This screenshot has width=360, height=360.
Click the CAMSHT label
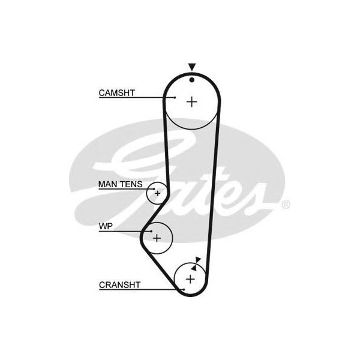tap(116, 93)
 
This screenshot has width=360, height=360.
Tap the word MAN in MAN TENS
tap(107, 184)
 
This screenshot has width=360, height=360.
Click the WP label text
tap(106, 226)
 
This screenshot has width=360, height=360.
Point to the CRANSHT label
tap(119, 285)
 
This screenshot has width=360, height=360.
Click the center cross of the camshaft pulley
tap(192, 102)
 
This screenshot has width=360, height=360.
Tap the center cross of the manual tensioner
tap(157, 193)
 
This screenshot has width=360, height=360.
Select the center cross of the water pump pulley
tap(157, 238)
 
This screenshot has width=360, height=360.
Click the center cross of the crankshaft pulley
tap(190, 279)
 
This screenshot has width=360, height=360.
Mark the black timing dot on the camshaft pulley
tap(192, 80)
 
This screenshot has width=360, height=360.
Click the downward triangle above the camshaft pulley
tap(192, 67)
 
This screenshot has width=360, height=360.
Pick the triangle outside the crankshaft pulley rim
tap(198, 260)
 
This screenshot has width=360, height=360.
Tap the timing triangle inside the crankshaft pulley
tap(194, 268)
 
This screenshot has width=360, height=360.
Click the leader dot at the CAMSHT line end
tap(175, 98)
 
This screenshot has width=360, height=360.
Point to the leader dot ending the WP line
tap(151, 231)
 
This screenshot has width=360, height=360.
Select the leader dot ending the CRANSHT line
tap(184, 290)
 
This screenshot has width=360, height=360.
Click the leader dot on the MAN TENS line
tap(154, 189)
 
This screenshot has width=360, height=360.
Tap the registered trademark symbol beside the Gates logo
tap(286, 205)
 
